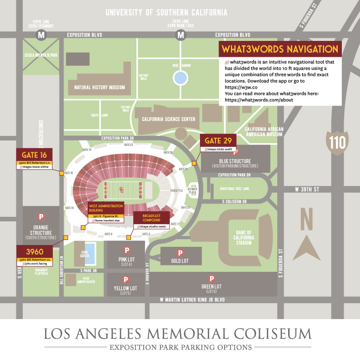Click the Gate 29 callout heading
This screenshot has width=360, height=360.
pos(219,140)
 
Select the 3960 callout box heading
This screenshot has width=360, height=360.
pos(35,252)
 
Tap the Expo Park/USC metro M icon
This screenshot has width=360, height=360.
pos(181,35)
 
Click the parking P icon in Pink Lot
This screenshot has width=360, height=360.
pos(127,250)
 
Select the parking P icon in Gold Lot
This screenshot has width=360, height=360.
pos(180,253)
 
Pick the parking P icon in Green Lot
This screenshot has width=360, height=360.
pos(211,278)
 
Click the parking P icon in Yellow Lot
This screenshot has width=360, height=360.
pos(125,280)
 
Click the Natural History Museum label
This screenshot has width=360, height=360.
pos(96,87)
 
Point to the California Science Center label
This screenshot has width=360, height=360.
pos(169,119)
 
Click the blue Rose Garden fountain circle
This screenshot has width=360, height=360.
pos(180,78)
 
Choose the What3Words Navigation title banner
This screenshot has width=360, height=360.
pos(279,49)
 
